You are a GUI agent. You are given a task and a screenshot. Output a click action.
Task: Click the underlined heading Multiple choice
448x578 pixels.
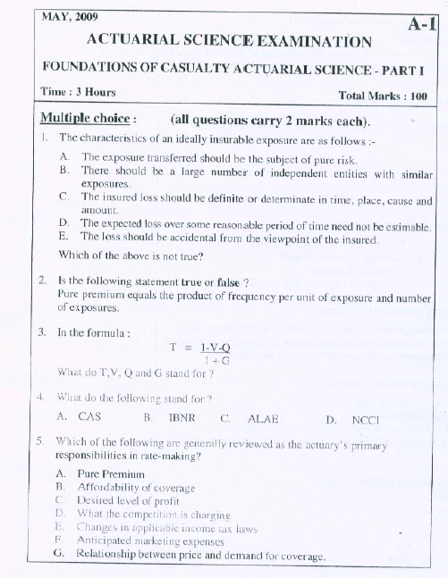pyautogui.click(x=87, y=120)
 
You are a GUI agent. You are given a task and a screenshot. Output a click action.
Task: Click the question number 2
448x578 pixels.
pyautogui.click(x=42, y=281)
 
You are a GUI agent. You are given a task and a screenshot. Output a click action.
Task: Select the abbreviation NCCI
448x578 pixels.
pyautogui.click(x=366, y=418)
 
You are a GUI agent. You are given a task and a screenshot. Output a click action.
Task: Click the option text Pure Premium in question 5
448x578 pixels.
pyautogui.click(x=111, y=473)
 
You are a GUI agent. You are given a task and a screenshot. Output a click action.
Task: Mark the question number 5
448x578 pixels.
pyautogui.click(x=41, y=441)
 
